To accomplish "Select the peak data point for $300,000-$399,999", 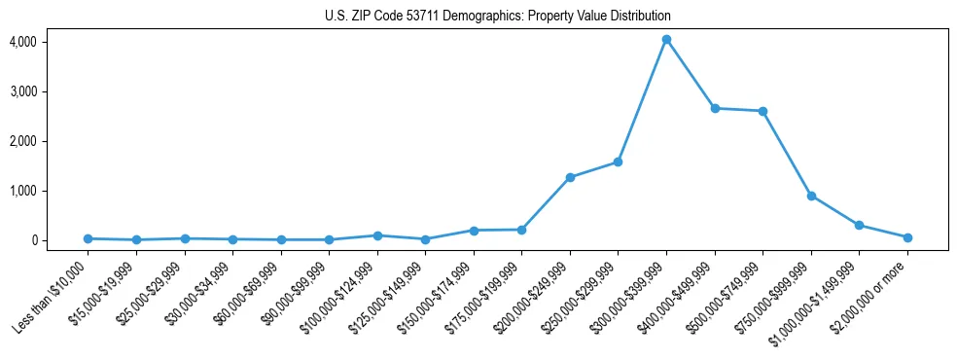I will (666, 40).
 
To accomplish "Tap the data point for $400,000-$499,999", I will (715, 108).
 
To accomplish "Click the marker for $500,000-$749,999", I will (762, 111).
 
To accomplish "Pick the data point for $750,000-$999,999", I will (811, 196).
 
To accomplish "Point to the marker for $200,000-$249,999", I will (570, 177).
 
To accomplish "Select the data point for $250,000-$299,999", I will (618, 162).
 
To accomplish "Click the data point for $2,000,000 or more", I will (907, 237).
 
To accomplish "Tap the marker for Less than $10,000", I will (89, 238).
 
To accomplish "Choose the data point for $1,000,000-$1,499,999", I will (859, 225).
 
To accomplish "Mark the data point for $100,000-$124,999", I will (377, 235).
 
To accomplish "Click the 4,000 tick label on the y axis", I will (23, 42).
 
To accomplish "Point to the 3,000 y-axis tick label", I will (23, 91).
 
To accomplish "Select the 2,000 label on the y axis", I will (23, 141).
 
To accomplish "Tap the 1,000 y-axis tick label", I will (23, 191).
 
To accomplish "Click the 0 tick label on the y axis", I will (33, 240).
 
